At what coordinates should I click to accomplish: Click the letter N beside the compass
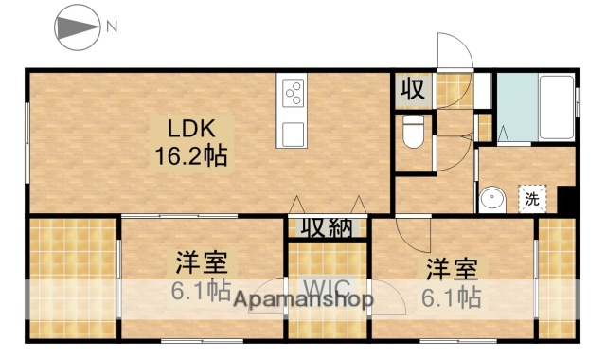coord(111,27)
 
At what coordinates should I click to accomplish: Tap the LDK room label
coord(193,129)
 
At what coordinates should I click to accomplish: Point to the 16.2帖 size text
coord(191,156)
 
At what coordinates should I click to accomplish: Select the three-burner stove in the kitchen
coord(294,95)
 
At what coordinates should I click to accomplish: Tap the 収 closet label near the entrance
coord(412,90)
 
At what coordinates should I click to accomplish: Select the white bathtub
coord(556,105)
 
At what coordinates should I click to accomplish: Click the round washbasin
coord(491,200)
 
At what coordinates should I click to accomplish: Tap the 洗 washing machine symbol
coord(532,199)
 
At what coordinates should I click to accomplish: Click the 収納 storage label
coord(327,228)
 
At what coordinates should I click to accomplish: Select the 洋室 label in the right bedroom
coord(451,266)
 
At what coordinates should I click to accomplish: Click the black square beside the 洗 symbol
coord(566,201)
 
